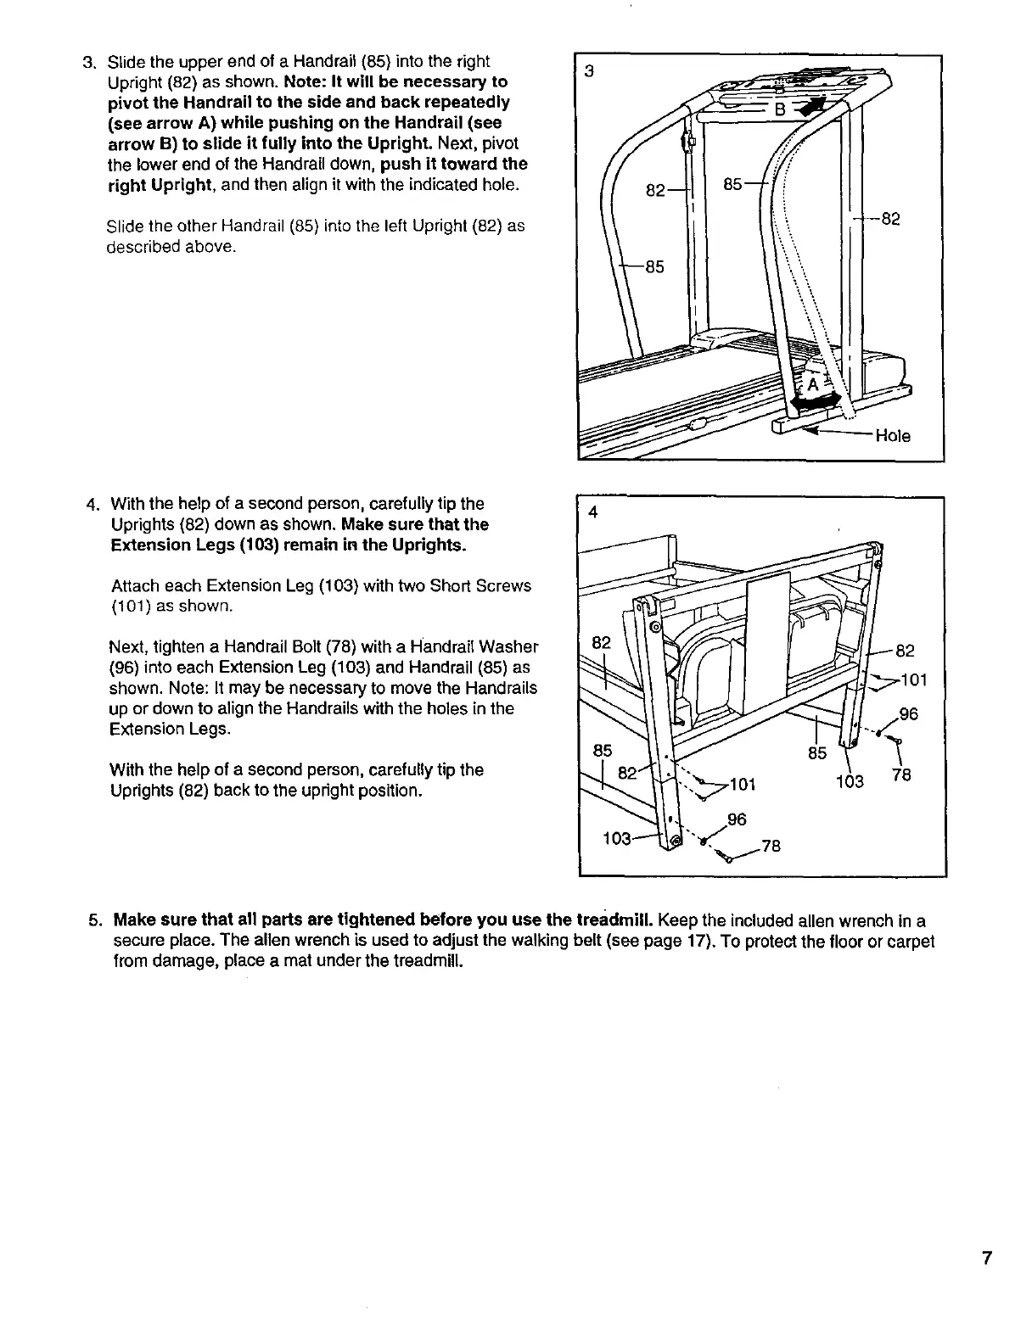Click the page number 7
(x=986, y=1258)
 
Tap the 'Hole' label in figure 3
(x=892, y=436)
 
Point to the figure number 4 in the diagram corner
(x=593, y=512)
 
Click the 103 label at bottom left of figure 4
(x=616, y=839)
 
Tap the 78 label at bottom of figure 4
(x=771, y=846)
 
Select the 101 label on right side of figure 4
(x=913, y=679)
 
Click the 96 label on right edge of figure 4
(x=908, y=714)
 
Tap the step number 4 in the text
(x=93, y=504)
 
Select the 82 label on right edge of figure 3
(x=889, y=220)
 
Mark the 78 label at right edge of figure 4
(x=901, y=775)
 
